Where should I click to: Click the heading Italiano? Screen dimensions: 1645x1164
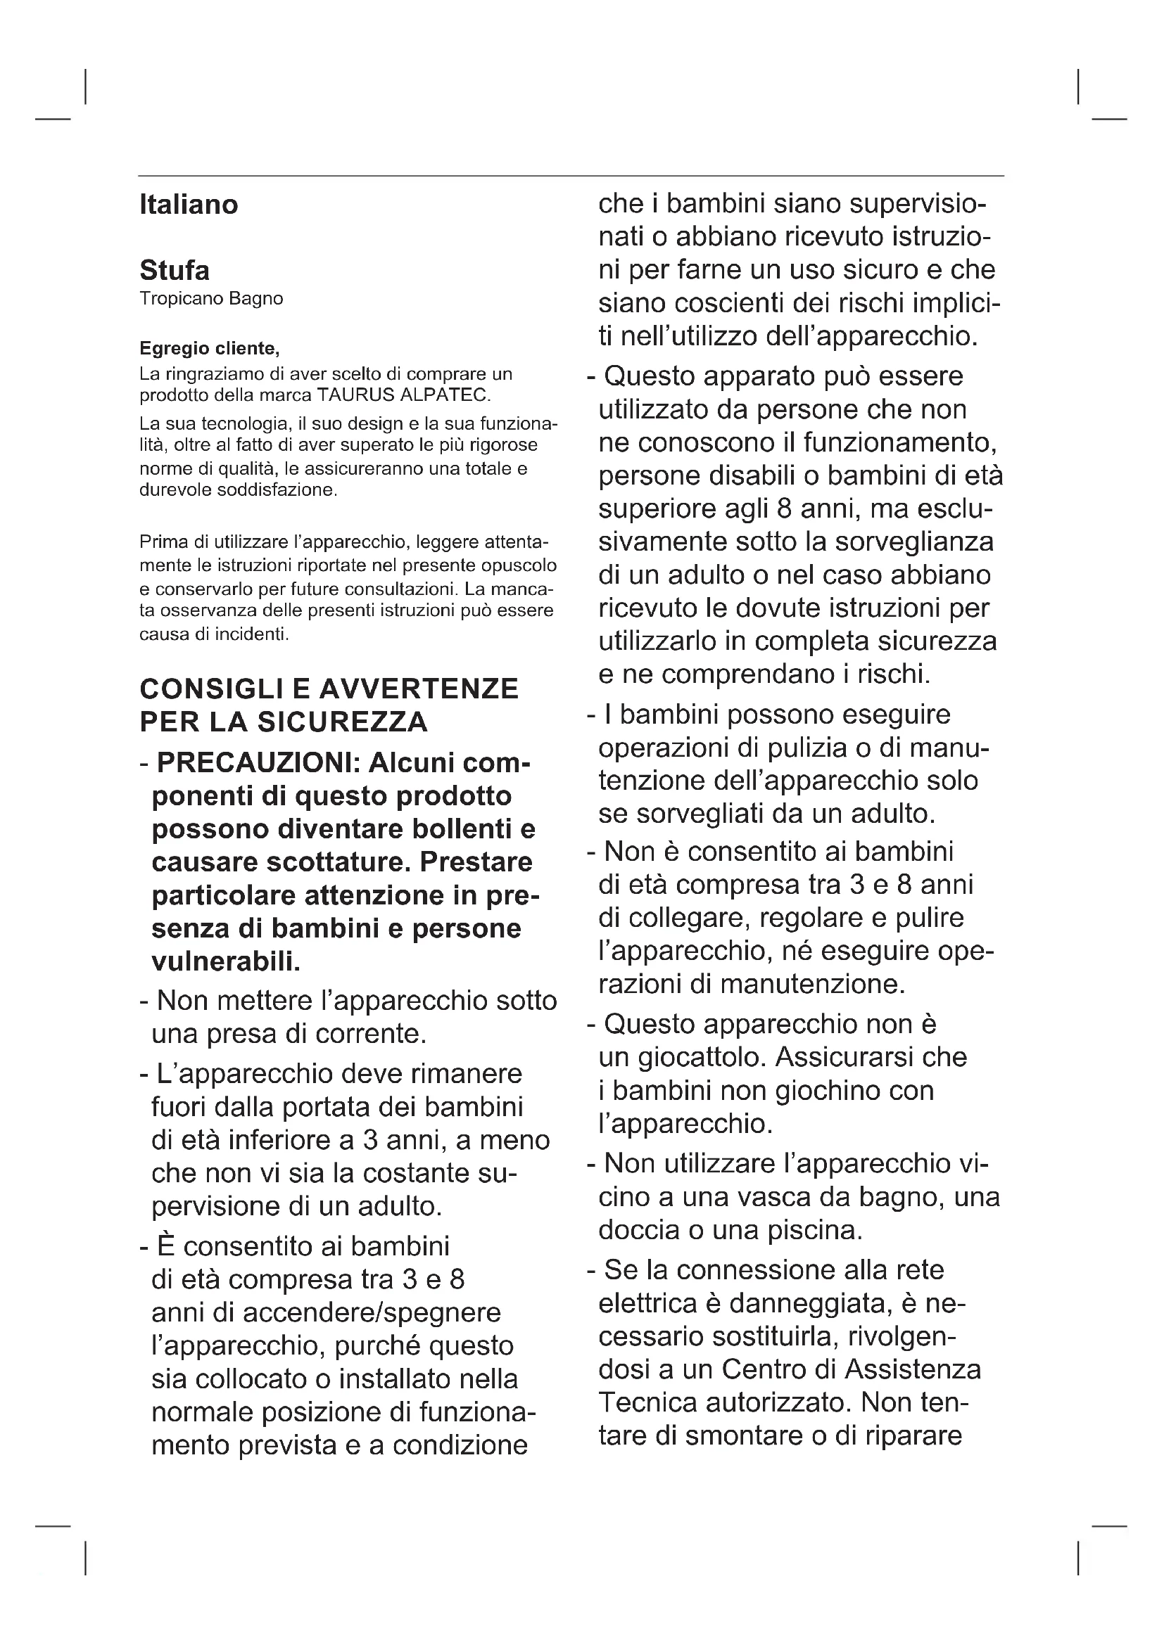coord(189,205)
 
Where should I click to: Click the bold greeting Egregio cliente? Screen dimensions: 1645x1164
coord(208,349)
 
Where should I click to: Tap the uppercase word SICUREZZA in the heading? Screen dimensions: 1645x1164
coord(343,722)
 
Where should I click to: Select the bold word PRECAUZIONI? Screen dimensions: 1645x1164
coord(258,764)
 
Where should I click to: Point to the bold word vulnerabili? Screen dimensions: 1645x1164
coord(225,961)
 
